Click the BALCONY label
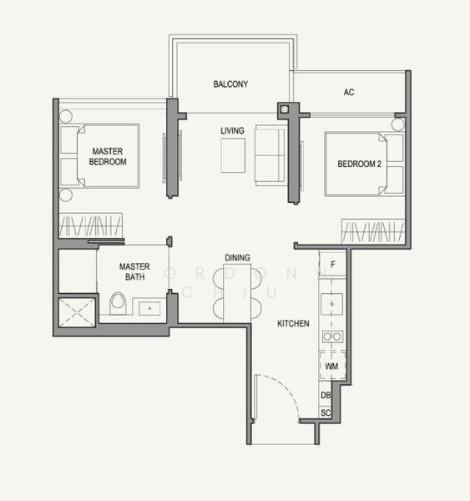tap(230, 84)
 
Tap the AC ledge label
tap(348, 92)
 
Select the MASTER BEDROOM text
tap(108, 156)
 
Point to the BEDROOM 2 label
tap(359, 164)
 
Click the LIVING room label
tap(232, 131)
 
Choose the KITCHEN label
tap(294, 323)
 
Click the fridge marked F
tap(333, 265)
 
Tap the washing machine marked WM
tap(332, 366)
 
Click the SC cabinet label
tap(326, 413)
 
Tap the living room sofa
tap(269, 155)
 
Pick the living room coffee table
tap(233, 155)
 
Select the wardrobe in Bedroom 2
tap(373, 230)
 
